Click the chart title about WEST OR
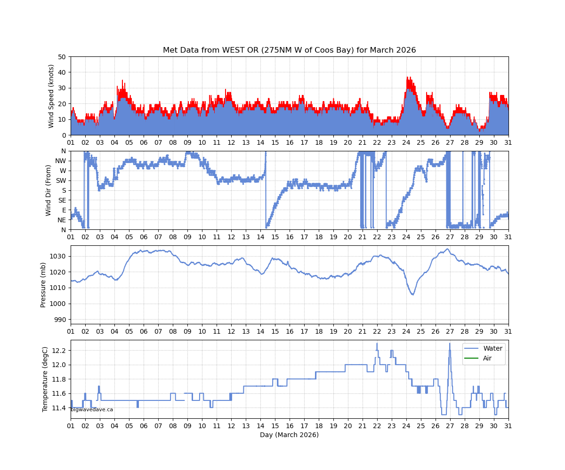289,50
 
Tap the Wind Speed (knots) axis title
51,96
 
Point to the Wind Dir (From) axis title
48,190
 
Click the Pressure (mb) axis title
43,285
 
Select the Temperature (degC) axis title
45,379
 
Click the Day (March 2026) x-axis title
289,435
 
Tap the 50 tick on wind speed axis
62,57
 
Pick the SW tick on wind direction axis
61,180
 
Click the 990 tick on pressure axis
60,320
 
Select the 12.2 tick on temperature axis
60,351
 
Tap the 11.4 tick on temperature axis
60,408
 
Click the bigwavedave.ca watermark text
92,410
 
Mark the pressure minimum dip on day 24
412,294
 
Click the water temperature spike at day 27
449,344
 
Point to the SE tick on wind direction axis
62,200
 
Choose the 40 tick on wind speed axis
62,72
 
